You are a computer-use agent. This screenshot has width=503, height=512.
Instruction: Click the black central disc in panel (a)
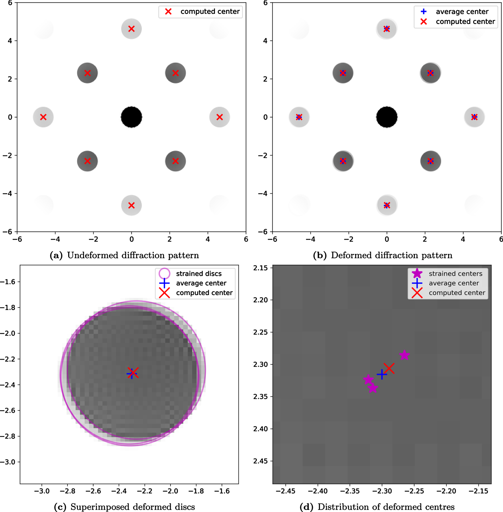click(132, 117)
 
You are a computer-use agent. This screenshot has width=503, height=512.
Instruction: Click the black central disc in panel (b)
click(387, 117)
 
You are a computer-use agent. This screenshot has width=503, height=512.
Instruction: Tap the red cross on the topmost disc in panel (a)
click(132, 29)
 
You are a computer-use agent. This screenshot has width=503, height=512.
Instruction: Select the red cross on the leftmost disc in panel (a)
click(43, 117)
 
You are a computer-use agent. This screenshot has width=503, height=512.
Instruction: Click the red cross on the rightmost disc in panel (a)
click(220, 117)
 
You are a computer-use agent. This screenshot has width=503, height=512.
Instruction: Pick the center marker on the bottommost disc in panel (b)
click(387, 205)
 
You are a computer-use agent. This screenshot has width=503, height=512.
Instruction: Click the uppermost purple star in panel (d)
click(404, 355)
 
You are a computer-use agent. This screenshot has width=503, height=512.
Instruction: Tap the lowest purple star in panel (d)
click(373, 388)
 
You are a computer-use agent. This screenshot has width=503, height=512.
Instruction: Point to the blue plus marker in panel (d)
click(382, 374)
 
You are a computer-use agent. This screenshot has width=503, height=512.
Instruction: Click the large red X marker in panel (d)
click(389, 368)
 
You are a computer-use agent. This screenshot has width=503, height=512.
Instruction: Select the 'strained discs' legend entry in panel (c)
click(198, 274)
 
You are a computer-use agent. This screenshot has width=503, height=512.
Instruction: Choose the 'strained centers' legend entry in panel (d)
click(455, 274)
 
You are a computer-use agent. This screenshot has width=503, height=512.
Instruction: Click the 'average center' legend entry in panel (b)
click(462, 12)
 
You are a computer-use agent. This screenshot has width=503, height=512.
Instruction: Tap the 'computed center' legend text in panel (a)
click(210, 12)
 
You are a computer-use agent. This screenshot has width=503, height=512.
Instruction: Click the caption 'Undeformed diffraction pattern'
click(133, 255)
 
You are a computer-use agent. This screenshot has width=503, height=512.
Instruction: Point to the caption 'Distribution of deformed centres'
click(386, 507)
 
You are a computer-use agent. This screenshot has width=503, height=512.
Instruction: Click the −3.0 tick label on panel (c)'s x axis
click(41, 491)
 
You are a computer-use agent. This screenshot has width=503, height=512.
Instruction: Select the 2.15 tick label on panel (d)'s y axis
click(260, 268)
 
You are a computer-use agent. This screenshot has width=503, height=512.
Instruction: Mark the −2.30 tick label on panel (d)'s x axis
click(382, 491)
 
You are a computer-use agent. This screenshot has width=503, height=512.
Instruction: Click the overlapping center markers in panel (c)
click(133, 373)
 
